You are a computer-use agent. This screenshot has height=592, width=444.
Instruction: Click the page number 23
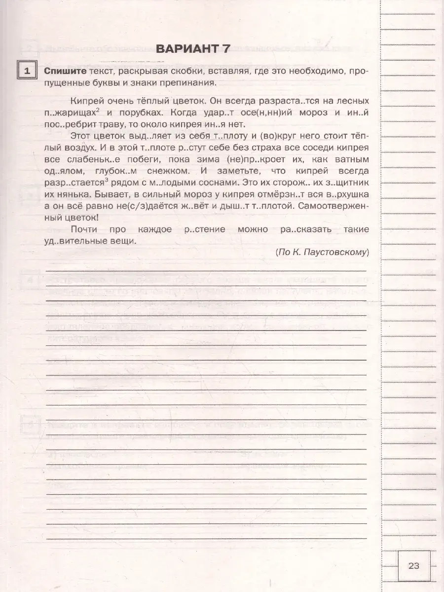click(x=413, y=565)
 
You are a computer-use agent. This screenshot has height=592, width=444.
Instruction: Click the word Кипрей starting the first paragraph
click(x=86, y=100)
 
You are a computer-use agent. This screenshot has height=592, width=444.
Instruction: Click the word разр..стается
click(x=73, y=183)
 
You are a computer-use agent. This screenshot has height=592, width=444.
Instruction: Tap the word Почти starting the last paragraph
click(x=84, y=229)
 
